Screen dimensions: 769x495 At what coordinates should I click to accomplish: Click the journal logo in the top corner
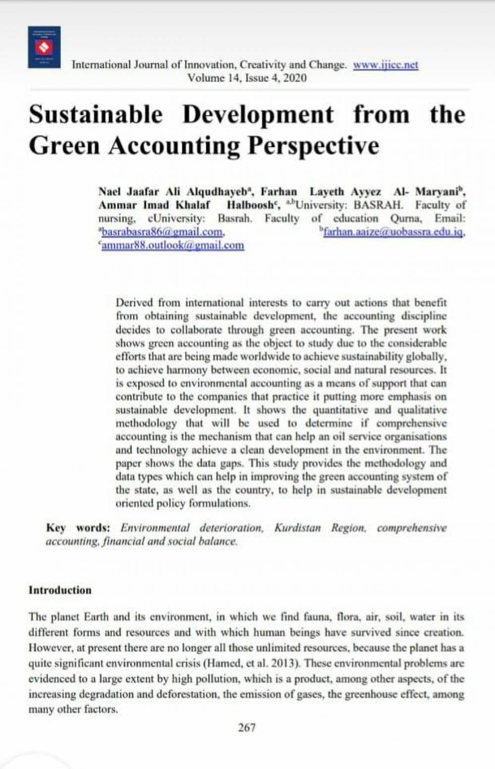pos(44,47)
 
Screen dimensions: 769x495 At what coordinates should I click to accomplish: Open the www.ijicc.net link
pos(385,65)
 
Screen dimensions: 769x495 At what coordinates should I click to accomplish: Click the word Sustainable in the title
pos(96,114)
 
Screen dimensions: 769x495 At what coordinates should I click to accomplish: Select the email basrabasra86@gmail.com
pos(162,232)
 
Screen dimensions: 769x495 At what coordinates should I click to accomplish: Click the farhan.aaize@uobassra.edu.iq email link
pos(393,232)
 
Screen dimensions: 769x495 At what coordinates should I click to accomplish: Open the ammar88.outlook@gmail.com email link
pos(172,245)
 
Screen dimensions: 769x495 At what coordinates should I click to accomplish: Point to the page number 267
pos(247,727)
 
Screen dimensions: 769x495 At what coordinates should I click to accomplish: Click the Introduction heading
pos(60,590)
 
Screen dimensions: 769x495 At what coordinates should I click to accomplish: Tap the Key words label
pos(78,528)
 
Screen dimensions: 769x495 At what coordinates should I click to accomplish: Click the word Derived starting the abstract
pos(134,303)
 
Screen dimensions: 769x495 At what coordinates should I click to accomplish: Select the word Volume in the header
pos(204,78)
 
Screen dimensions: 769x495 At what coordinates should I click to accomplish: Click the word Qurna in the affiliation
pos(405,219)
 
